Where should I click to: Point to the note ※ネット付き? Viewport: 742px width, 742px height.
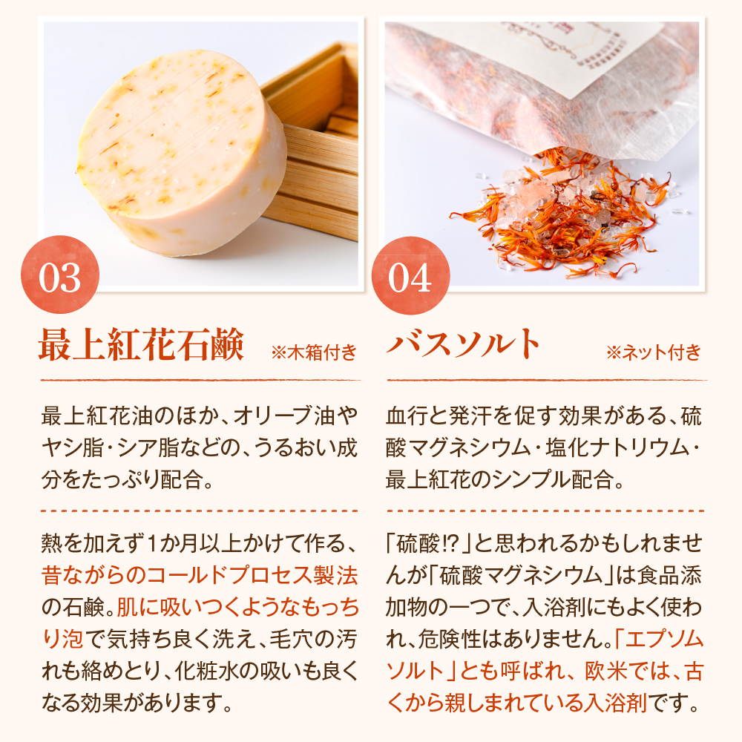[x=653, y=352]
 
